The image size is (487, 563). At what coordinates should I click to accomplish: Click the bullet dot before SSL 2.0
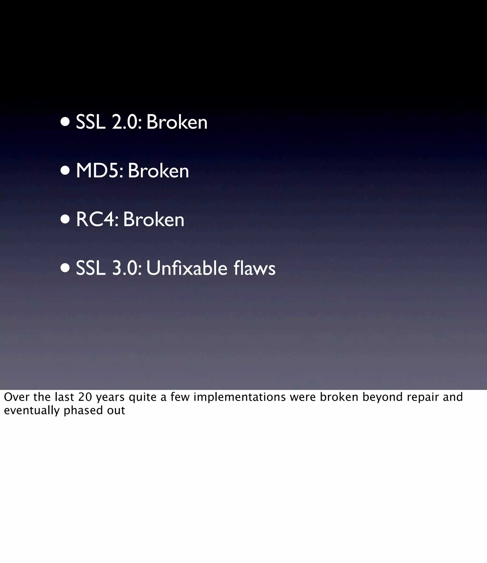point(65,122)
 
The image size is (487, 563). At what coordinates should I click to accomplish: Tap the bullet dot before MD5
point(65,171)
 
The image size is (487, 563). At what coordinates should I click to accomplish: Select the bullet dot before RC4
point(65,219)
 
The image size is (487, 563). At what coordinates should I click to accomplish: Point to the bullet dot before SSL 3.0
point(65,268)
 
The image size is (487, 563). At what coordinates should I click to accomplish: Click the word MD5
point(99,171)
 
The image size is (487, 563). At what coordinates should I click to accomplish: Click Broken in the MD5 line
point(158,171)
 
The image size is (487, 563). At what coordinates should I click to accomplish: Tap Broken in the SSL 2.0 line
point(177,122)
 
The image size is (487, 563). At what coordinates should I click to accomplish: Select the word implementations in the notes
point(239,397)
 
